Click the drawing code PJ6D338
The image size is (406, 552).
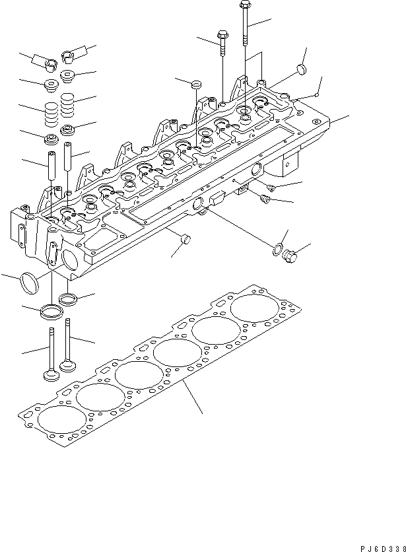point(376,539)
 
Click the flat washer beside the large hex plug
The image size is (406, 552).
point(278,249)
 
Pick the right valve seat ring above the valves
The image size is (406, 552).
point(69,299)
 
